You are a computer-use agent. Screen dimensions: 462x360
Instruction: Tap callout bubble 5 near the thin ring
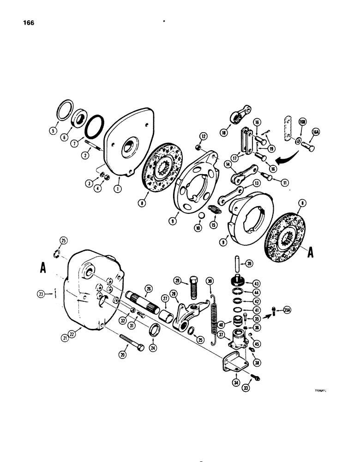54,136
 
